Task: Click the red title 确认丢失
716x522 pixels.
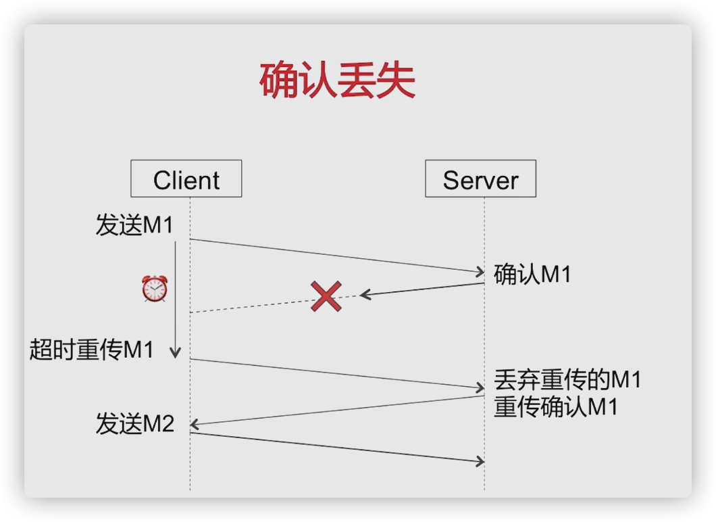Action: (337, 81)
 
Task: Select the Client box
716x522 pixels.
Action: (186, 179)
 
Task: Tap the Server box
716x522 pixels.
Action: (480, 179)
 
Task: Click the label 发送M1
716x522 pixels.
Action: (134, 226)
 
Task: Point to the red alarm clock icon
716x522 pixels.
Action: (154, 289)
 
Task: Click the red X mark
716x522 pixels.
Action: (326, 297)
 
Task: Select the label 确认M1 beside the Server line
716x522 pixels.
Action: (532, 274)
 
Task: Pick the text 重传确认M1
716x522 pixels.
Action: (555, 408)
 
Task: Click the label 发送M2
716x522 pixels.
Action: (134, 424)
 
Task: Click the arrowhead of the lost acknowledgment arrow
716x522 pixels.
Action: (365, 295)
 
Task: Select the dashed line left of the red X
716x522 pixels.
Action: (250, 305)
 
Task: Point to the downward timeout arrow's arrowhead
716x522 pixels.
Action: (176, 352)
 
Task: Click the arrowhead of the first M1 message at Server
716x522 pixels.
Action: (480, 272)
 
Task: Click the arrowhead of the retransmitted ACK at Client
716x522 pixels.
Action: (194, 425)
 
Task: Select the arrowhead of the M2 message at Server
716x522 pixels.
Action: (480, 461)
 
